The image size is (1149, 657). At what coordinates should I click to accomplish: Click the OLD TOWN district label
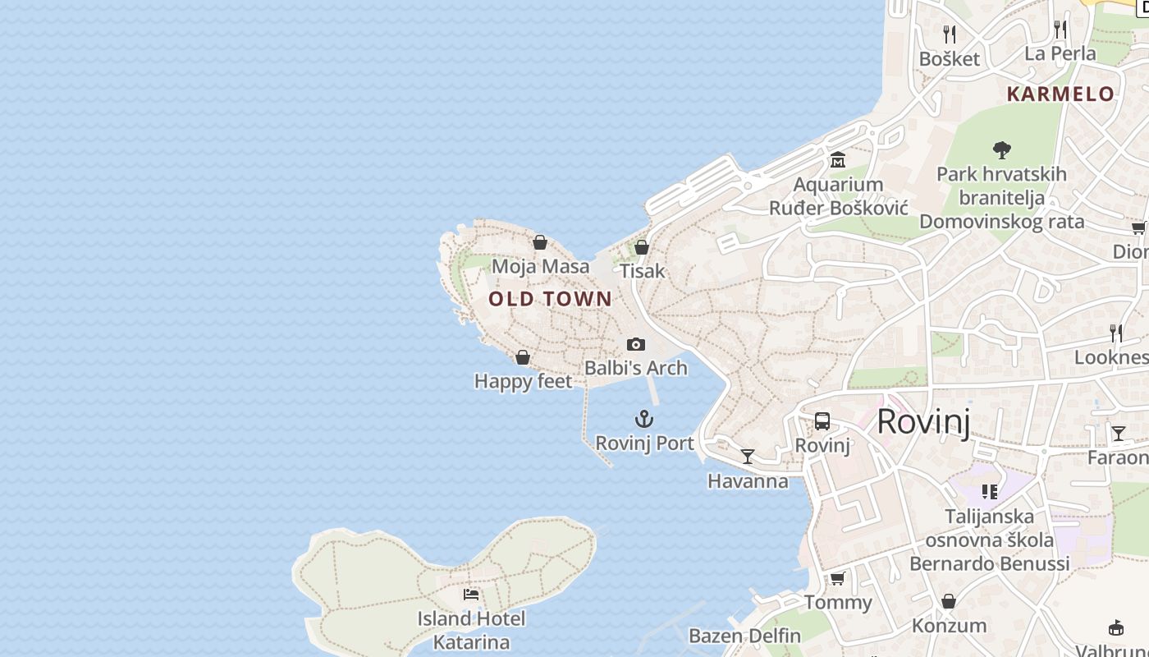pos(550,299)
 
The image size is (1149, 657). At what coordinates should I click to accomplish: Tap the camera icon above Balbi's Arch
pos(636,344)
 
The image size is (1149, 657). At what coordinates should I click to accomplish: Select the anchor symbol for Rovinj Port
pos(644,420)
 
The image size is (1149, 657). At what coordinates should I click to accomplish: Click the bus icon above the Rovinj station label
pos(822,421)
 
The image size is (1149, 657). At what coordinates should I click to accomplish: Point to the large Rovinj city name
pos(923,422)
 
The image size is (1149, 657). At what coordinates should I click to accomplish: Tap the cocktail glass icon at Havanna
pos(748,457)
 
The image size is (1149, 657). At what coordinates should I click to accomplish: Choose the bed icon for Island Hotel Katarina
pos(471,594)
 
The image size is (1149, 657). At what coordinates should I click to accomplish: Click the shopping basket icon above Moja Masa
pos(540,242)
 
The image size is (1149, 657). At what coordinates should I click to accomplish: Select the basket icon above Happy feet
pos(523,357)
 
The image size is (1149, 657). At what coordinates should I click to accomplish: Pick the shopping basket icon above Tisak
pos(642,247)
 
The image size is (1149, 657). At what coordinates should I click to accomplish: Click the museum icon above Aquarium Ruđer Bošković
pos(838,159)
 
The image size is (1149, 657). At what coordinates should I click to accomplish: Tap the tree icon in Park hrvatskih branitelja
pos(1001,150)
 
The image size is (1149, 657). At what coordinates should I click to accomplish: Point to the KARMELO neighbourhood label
pos(1060,94)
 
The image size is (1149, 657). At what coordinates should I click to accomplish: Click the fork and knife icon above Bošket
pos(950,34)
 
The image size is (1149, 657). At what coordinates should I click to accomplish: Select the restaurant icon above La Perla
pos(1060,30)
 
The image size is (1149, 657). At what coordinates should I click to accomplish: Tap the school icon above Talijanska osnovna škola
pos(990,492)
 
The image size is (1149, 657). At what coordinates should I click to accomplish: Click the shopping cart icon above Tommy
pos(838,579)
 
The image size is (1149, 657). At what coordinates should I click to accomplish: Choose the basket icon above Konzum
pos(949,601)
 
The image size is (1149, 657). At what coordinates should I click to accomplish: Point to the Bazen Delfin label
pos(744,636)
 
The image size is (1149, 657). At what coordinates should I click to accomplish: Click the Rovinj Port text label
pos(644,443)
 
